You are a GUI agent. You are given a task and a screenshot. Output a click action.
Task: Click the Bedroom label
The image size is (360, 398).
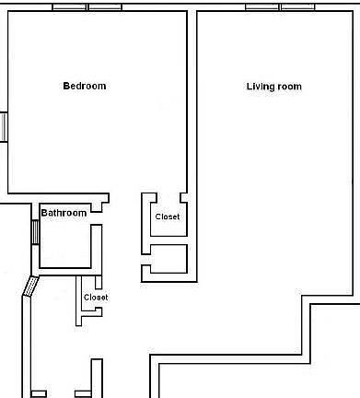[x=85, y=87]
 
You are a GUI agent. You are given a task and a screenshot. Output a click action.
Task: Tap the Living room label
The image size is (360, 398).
[x=273, y=87]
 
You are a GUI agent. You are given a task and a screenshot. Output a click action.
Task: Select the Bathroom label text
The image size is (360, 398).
[x=64, y=213]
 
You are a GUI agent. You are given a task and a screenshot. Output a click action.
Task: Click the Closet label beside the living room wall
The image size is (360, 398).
[x=168, y=217]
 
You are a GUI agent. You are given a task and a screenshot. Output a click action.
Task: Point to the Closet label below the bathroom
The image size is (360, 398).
[x=96, y=298]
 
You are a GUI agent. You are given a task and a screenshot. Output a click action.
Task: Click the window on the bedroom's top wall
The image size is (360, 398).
[x=87, y=7]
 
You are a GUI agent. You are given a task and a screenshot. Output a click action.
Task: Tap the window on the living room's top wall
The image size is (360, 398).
[x=281, y=7]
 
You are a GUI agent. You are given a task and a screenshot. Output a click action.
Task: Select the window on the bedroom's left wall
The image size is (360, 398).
[x=4, y=126]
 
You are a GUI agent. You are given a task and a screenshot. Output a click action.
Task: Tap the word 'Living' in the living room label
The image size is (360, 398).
[x=260, y=87]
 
